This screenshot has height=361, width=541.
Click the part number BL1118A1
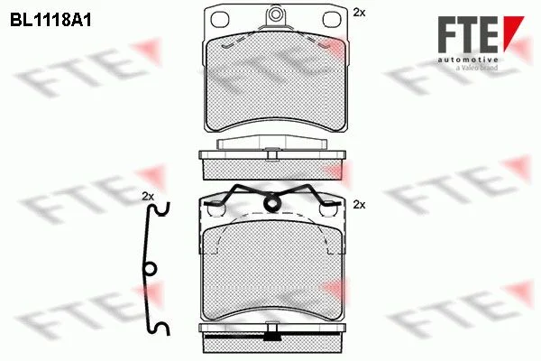coord(50,21)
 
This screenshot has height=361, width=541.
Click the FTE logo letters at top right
coord(468,34)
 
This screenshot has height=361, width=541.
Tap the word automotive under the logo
coord(468,60)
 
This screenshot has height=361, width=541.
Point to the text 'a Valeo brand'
coord(477,68)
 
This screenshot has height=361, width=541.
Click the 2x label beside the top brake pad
coord(359,13)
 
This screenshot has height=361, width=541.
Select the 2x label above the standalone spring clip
coord(148,197)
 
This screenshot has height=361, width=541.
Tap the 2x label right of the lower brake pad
coord(359,205)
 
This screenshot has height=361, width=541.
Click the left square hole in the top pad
coord(220,20)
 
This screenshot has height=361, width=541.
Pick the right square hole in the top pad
coord(332,19)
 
